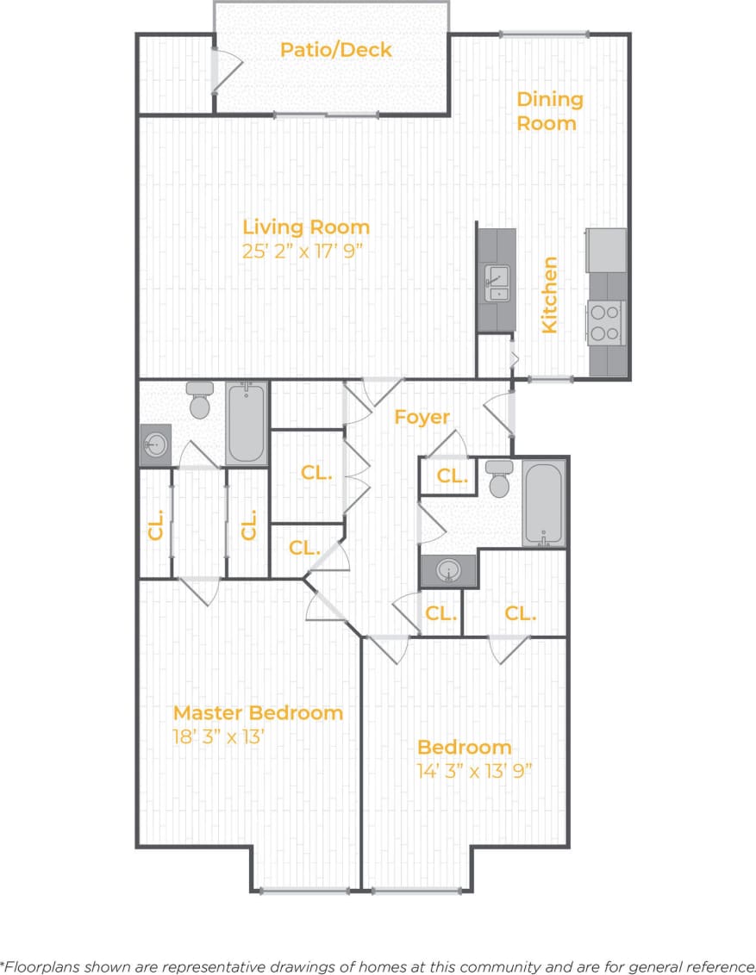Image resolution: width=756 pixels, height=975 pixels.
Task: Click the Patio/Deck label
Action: [335, 50]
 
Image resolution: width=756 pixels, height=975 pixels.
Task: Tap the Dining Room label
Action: [549, 111]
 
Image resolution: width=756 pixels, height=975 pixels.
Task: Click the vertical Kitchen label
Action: [549, 295]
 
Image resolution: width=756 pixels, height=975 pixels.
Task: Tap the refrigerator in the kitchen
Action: [607, 250]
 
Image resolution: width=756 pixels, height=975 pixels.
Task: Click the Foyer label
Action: [422, 417]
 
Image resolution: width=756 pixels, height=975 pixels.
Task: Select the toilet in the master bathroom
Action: [200, 401]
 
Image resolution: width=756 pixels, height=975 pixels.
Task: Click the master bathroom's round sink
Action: [156, 445]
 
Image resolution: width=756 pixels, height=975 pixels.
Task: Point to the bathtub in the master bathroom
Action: [247, 423]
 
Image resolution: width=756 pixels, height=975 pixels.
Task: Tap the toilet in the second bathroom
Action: [499, 479]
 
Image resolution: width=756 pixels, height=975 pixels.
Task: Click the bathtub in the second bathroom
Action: [544, 503]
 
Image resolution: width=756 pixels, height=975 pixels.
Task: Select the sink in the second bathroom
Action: [447, 569]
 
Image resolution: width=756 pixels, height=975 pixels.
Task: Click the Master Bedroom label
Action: [258, 713]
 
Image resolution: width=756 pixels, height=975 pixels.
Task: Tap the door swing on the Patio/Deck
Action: [226, 69]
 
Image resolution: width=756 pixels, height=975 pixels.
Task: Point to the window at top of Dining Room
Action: [545, 34]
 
